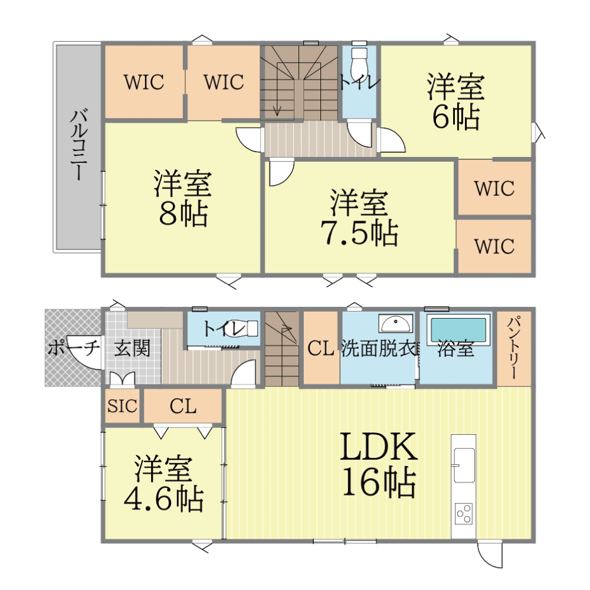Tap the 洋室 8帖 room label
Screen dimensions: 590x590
[x=183, y=198]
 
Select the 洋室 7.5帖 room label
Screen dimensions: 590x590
[x=359, y=218]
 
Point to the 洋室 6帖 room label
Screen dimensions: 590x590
[x=455, y=102]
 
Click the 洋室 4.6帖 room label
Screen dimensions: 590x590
[x=163, y=484]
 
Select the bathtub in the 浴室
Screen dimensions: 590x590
[x=458, y=330]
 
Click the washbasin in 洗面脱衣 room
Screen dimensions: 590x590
[x=395, y=324]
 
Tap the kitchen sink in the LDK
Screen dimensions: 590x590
[x=464, y=465]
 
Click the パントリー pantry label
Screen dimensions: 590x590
[x=514, y=349]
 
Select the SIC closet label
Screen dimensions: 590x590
[x=122, y=406]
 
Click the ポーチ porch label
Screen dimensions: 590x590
[x=73, y=348]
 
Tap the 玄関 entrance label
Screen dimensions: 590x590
[x=132, y=348]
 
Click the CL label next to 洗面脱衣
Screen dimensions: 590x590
[x=320, y=348]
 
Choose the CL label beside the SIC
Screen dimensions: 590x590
[x=183, y=406]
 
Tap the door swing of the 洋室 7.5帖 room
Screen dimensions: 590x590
[x=281, y=173]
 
